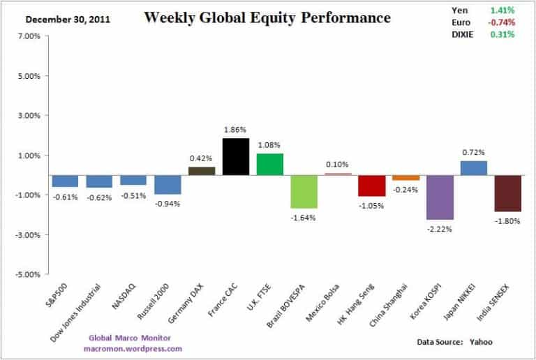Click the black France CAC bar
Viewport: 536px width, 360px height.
click(236, 156)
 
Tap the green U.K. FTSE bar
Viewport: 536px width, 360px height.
click(270, 164)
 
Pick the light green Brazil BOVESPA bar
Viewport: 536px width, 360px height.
click(304, 191)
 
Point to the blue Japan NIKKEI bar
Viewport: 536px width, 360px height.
click(475, 167)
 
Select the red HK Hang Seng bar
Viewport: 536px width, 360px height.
click(372, 185)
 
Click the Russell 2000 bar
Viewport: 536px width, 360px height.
click(168, 184)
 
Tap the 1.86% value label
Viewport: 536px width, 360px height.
click(236, 130)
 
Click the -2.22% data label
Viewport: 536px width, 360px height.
click(440, 229)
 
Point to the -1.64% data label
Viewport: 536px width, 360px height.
click(304, 217)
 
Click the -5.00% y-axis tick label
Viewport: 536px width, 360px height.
click(27, 274)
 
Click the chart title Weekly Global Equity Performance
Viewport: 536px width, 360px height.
click(267, 17)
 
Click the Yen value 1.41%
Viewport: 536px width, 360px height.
click(502, 10)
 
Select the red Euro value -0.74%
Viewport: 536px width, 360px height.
click(500, 22)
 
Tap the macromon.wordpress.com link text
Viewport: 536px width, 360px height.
click(133, 348)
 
